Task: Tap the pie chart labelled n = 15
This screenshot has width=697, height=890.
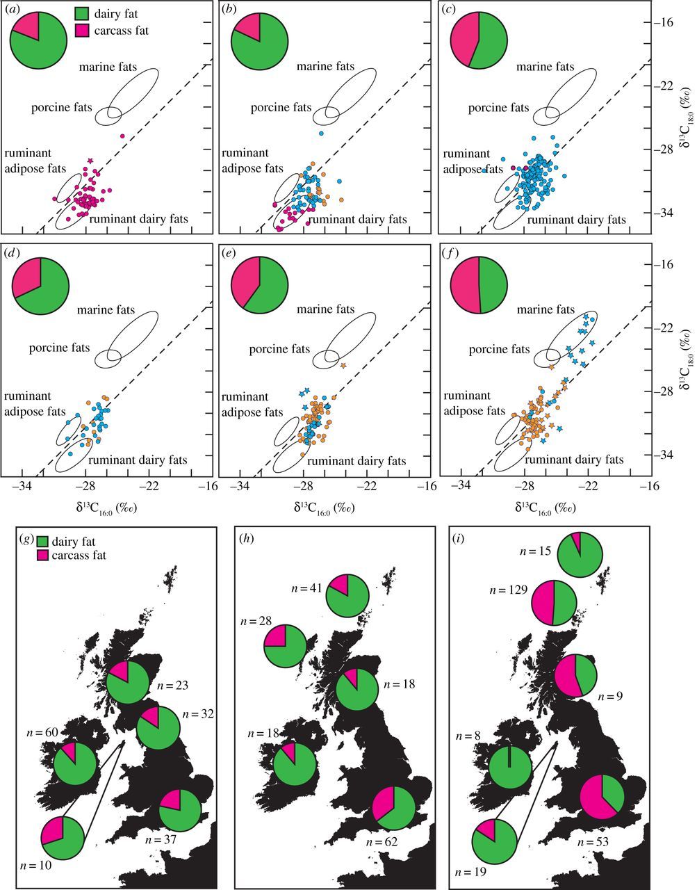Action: (580, 554)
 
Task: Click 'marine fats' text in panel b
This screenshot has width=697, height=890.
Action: (325, 67)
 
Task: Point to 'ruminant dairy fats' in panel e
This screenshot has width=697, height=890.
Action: (357, 460)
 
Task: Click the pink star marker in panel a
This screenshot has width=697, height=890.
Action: (90, 161)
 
